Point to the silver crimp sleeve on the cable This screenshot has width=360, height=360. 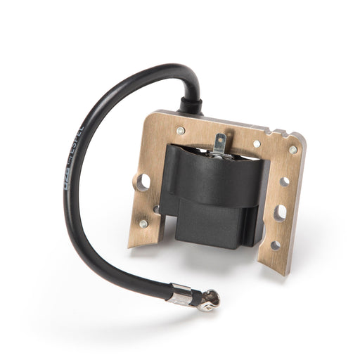pyautogui.click(x=181, y=296)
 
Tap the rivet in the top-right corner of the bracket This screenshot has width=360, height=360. pyautogui.click(x=292, y=150)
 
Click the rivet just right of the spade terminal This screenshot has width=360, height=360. pyautogui.click(x=257, y=143)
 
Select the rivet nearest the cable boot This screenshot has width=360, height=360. pyautogui.click(x=181, y=131)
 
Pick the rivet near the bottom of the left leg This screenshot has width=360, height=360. pyautogui.click(x=143, y=224)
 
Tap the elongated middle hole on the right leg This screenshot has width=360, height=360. pyautogui.click(x=280, y=212)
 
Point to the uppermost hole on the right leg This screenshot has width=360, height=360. pyautogui.click(x=284, y=181)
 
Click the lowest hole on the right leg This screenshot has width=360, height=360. pyautogui.click(x=275, y=245)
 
